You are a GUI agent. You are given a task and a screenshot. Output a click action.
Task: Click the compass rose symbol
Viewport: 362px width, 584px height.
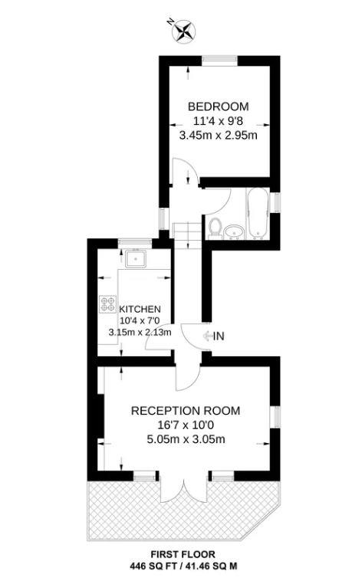coord(184,31)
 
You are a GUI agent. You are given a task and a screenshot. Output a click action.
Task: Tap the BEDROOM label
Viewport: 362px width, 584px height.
coord(218,107)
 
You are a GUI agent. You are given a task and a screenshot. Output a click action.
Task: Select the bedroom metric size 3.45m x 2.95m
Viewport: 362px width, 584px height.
coord(218,135)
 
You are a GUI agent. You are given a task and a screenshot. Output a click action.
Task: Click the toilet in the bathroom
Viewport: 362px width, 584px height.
coord(215,228)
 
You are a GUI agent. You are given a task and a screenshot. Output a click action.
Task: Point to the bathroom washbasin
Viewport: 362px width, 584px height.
coord(234,232)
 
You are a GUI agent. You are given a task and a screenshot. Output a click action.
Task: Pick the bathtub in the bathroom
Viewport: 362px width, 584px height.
coord(258,213)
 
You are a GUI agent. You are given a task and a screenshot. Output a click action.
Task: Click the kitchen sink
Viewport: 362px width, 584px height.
coord(136,258)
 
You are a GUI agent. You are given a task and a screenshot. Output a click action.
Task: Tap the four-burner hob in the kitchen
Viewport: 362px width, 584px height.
coord(107,303)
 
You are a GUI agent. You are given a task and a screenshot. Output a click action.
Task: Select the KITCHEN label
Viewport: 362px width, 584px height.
coord(140,309)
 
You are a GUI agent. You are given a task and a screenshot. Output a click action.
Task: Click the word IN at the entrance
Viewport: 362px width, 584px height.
coord(219,336)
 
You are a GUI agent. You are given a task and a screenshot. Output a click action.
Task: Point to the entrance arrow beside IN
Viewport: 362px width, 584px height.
coord(206,336)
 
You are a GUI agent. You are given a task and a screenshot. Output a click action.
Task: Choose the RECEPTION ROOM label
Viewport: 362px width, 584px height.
coord(186,411)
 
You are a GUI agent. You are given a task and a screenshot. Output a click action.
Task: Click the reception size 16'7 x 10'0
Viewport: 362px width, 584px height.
coord(186,425)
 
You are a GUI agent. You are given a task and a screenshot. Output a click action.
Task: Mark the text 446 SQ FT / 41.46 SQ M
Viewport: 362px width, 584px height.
coord(183,566)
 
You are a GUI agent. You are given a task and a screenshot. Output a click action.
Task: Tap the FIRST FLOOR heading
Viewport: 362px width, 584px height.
coord(183,555)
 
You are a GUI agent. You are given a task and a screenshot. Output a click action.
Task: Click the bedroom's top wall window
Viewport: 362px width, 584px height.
coord(220,61)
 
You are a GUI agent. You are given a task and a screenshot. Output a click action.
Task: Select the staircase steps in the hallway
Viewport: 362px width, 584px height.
coord(188,235)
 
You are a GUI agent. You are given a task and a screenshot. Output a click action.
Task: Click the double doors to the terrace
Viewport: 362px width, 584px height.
coord(183,488)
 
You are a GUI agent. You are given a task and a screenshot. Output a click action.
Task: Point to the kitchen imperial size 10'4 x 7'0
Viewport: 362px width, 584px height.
coord(140,320)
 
